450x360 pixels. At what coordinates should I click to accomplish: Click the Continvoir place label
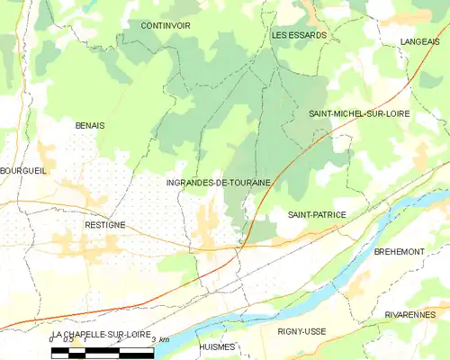(166, 26)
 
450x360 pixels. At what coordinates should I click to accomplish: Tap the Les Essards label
(299, 35)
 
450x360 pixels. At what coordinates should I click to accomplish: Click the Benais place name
(90, 125)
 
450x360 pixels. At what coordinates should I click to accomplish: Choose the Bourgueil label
(22, 170)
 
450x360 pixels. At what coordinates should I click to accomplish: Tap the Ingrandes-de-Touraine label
(219, 183)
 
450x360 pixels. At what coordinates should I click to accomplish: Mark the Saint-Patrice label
(317, 215)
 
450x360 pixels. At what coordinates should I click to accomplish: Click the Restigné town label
(104, 225)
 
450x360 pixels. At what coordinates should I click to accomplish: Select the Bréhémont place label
(399, 252)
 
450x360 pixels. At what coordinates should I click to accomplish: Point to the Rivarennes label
(409, 314)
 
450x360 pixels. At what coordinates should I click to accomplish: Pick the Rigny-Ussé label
(302, 331)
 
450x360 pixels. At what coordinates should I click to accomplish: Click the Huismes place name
(217, 346)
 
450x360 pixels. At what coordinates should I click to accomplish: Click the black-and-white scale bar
(103, 352)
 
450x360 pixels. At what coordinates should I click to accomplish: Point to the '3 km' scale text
(160, 339)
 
